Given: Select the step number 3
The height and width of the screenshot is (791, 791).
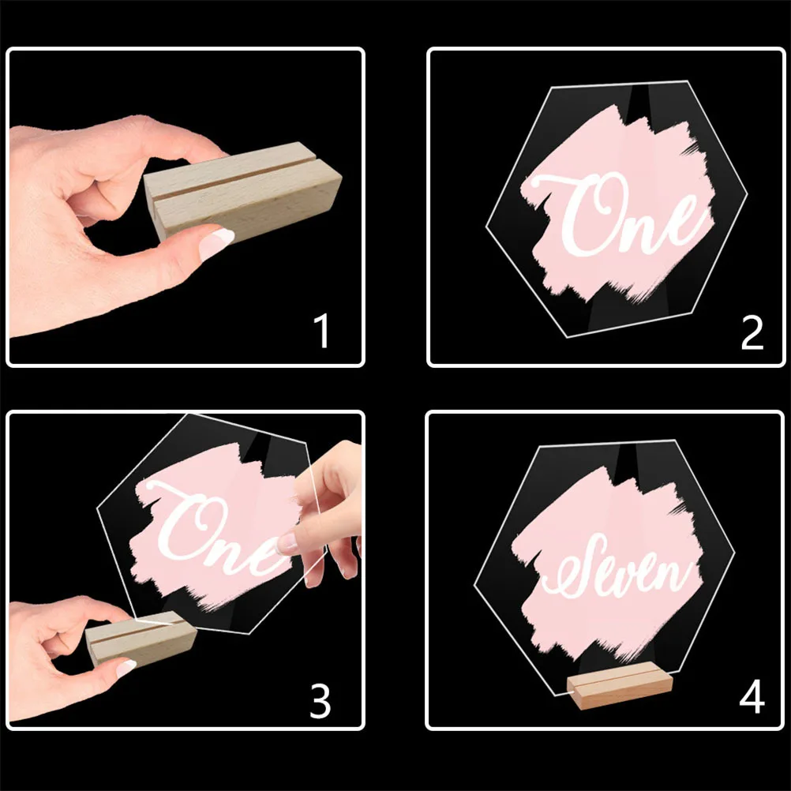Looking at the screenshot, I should (x=320, y=700).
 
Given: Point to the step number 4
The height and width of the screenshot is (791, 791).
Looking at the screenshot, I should (x=752, y=698).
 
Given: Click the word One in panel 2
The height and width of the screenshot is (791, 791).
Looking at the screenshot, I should (x=624, y=213).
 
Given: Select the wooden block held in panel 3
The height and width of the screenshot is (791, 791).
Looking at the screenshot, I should (x=142, y=637).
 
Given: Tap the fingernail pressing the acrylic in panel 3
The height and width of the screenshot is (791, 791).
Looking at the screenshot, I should (x=289, y=542).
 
